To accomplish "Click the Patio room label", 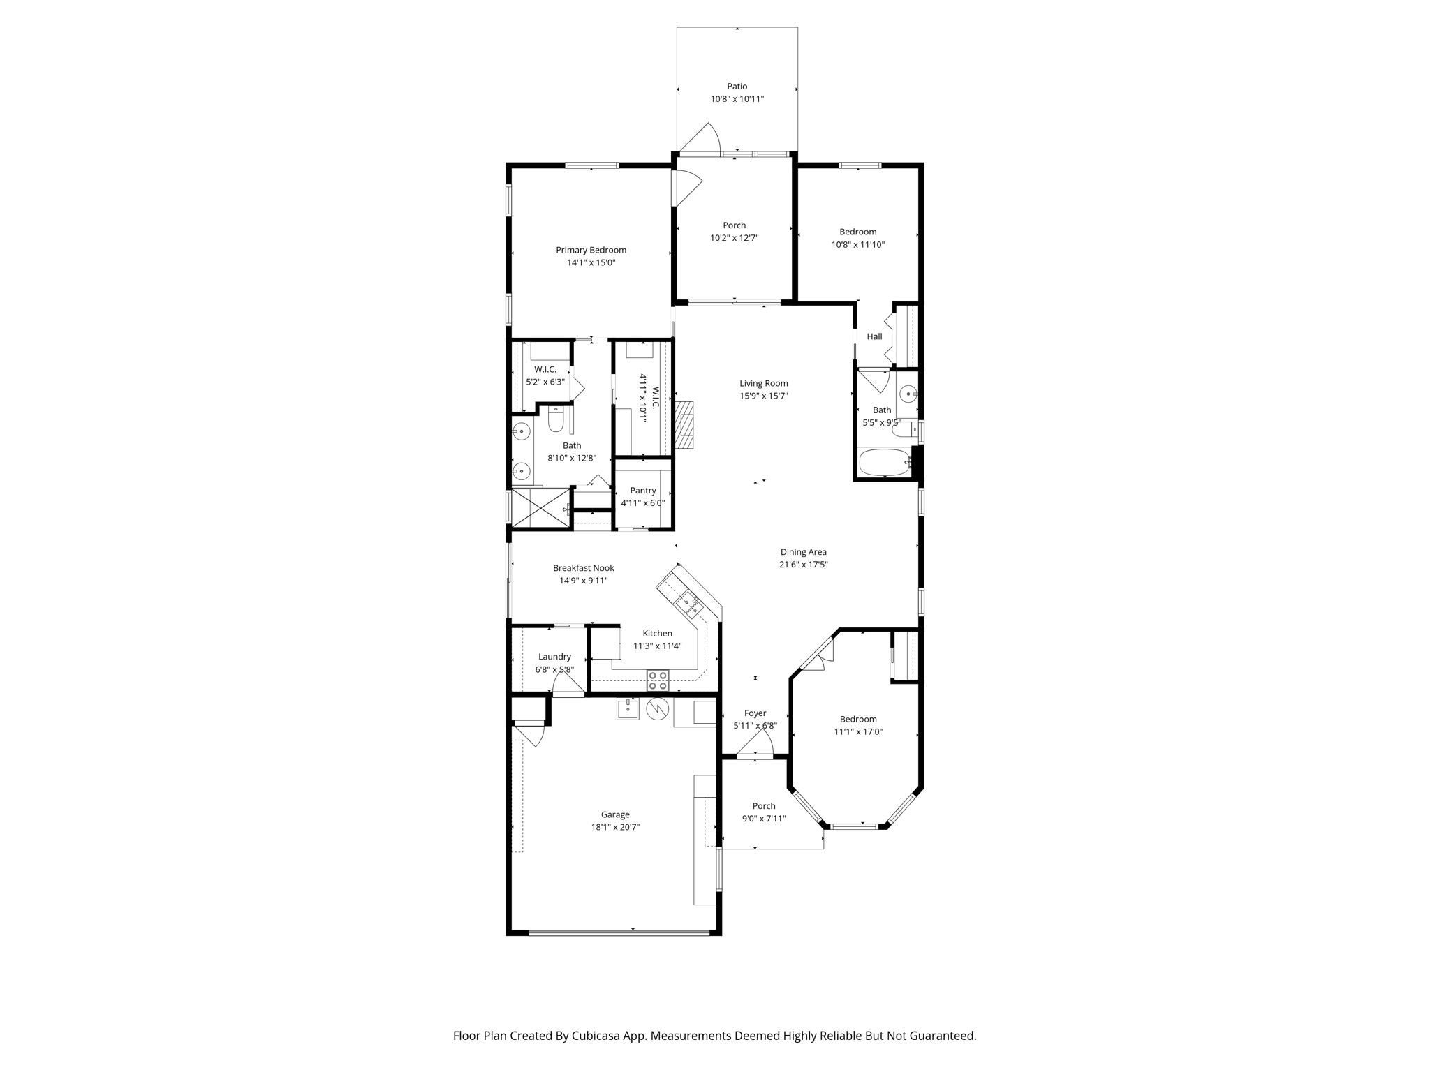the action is click(x=737, y=87).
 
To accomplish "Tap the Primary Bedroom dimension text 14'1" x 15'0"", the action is click(x=591, y=263).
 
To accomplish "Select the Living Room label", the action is click(x=764, y=383).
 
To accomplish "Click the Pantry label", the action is click(x=643, y=491).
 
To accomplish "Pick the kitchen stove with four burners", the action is click(x=658, y=680).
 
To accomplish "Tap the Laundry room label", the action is click(x=554, y=657).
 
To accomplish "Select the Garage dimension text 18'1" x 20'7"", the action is click(x=615, y=828).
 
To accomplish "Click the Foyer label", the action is click(x=755, y=713).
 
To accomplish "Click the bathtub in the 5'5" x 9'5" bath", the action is click(x=885, y=463).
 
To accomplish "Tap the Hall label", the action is click(x=874, y=336).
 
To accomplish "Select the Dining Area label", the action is click(x=804, y=552).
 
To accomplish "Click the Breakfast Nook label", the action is click(x=584, y=568).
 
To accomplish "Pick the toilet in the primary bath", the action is click(x=556, y=420).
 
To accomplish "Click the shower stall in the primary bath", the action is click(x=540, y=507).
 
